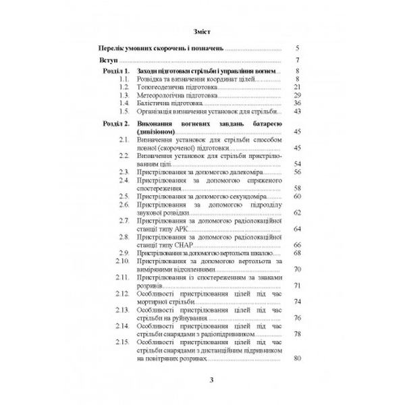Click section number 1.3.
click(123, 96)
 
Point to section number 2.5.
click(123, 195)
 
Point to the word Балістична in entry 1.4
click(155, 104)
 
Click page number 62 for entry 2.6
click(296, 212)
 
